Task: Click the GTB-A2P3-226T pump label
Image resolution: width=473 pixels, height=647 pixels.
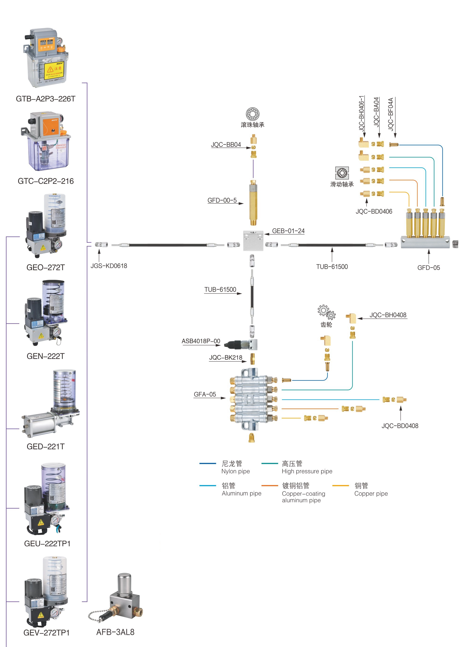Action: point(46,99)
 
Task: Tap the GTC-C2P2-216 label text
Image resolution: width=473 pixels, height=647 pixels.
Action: point(46,181)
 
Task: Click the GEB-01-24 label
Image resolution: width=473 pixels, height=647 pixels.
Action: point(288,231)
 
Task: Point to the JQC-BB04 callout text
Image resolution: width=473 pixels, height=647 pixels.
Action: point(226,145)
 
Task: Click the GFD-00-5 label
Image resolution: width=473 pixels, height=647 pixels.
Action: point(222,200)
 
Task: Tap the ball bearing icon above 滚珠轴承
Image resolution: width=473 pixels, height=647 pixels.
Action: point(252,114)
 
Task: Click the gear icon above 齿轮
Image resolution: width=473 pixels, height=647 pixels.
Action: point(326,312)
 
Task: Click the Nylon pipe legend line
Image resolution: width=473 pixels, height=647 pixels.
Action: point(208,463)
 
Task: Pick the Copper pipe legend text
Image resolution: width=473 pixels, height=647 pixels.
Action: point(371,494)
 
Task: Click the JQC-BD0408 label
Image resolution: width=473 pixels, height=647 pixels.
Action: point(400,426)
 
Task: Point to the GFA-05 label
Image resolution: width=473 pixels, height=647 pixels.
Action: point(205,394)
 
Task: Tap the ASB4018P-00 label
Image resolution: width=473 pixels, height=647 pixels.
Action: point(201,341)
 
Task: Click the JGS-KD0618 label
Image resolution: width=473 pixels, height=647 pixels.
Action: point(109,266)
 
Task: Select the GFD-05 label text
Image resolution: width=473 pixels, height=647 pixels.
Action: point(429,268)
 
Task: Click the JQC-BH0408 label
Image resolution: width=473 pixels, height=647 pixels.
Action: point(388,315)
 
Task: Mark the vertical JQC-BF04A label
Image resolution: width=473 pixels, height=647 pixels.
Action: point(391,114)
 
